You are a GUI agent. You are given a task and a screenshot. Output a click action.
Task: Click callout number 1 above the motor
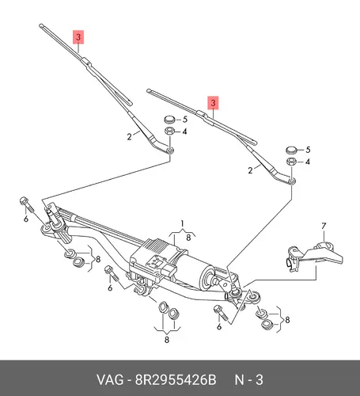pos(182,224)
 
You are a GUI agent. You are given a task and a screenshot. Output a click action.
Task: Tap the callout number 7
pos(324,227)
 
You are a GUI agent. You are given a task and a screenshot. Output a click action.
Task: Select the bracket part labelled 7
pos(314,257)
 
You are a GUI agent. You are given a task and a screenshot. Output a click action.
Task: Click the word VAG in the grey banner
pos(110,380)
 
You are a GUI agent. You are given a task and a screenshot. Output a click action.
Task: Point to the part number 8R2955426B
pos(176,380)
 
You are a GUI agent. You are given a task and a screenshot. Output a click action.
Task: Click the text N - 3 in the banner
pos(248,380)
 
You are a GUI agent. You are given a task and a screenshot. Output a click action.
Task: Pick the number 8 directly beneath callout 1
pos(188,238)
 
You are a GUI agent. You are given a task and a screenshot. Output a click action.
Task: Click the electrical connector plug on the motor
pos(169,272)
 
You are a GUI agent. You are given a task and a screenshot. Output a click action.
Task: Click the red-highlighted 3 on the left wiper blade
pos(78,37)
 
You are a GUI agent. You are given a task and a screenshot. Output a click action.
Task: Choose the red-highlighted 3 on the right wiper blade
pos(213,102)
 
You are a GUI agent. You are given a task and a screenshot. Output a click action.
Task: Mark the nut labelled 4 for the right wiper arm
pos(291,161)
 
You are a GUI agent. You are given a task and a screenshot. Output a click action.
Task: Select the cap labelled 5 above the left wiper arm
pos(169,120)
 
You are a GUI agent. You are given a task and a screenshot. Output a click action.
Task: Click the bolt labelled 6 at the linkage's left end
pos(26,205)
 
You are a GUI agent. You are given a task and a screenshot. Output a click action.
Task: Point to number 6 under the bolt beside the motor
pos(110,287)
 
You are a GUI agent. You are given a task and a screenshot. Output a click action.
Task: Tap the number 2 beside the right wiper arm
pos(250,170)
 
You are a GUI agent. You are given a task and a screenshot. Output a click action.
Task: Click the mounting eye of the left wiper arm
pos(170,150)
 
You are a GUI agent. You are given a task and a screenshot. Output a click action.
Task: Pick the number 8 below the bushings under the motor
pos(167,340)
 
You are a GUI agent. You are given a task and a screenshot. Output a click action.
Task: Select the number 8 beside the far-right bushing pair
pos(287,320)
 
